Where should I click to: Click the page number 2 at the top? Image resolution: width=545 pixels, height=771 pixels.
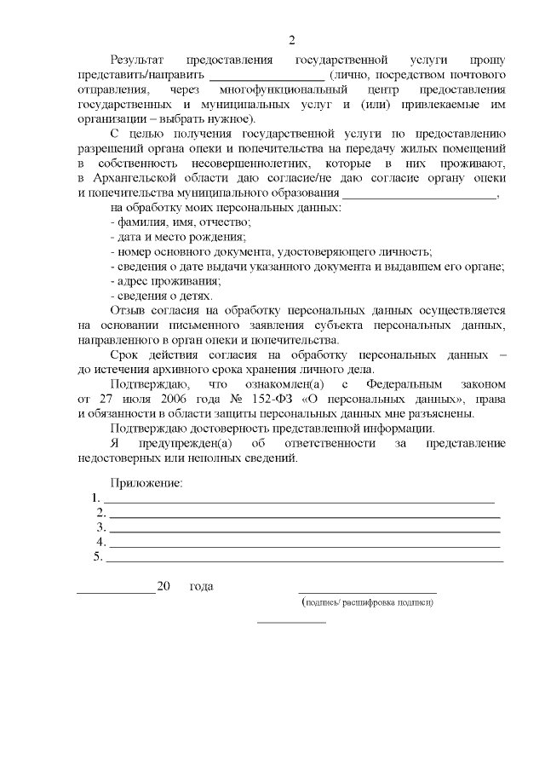coord(291,40)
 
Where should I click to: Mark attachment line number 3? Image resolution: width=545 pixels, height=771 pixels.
coord(302,529)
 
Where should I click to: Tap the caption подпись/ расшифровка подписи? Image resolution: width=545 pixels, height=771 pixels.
coord(368,602)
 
